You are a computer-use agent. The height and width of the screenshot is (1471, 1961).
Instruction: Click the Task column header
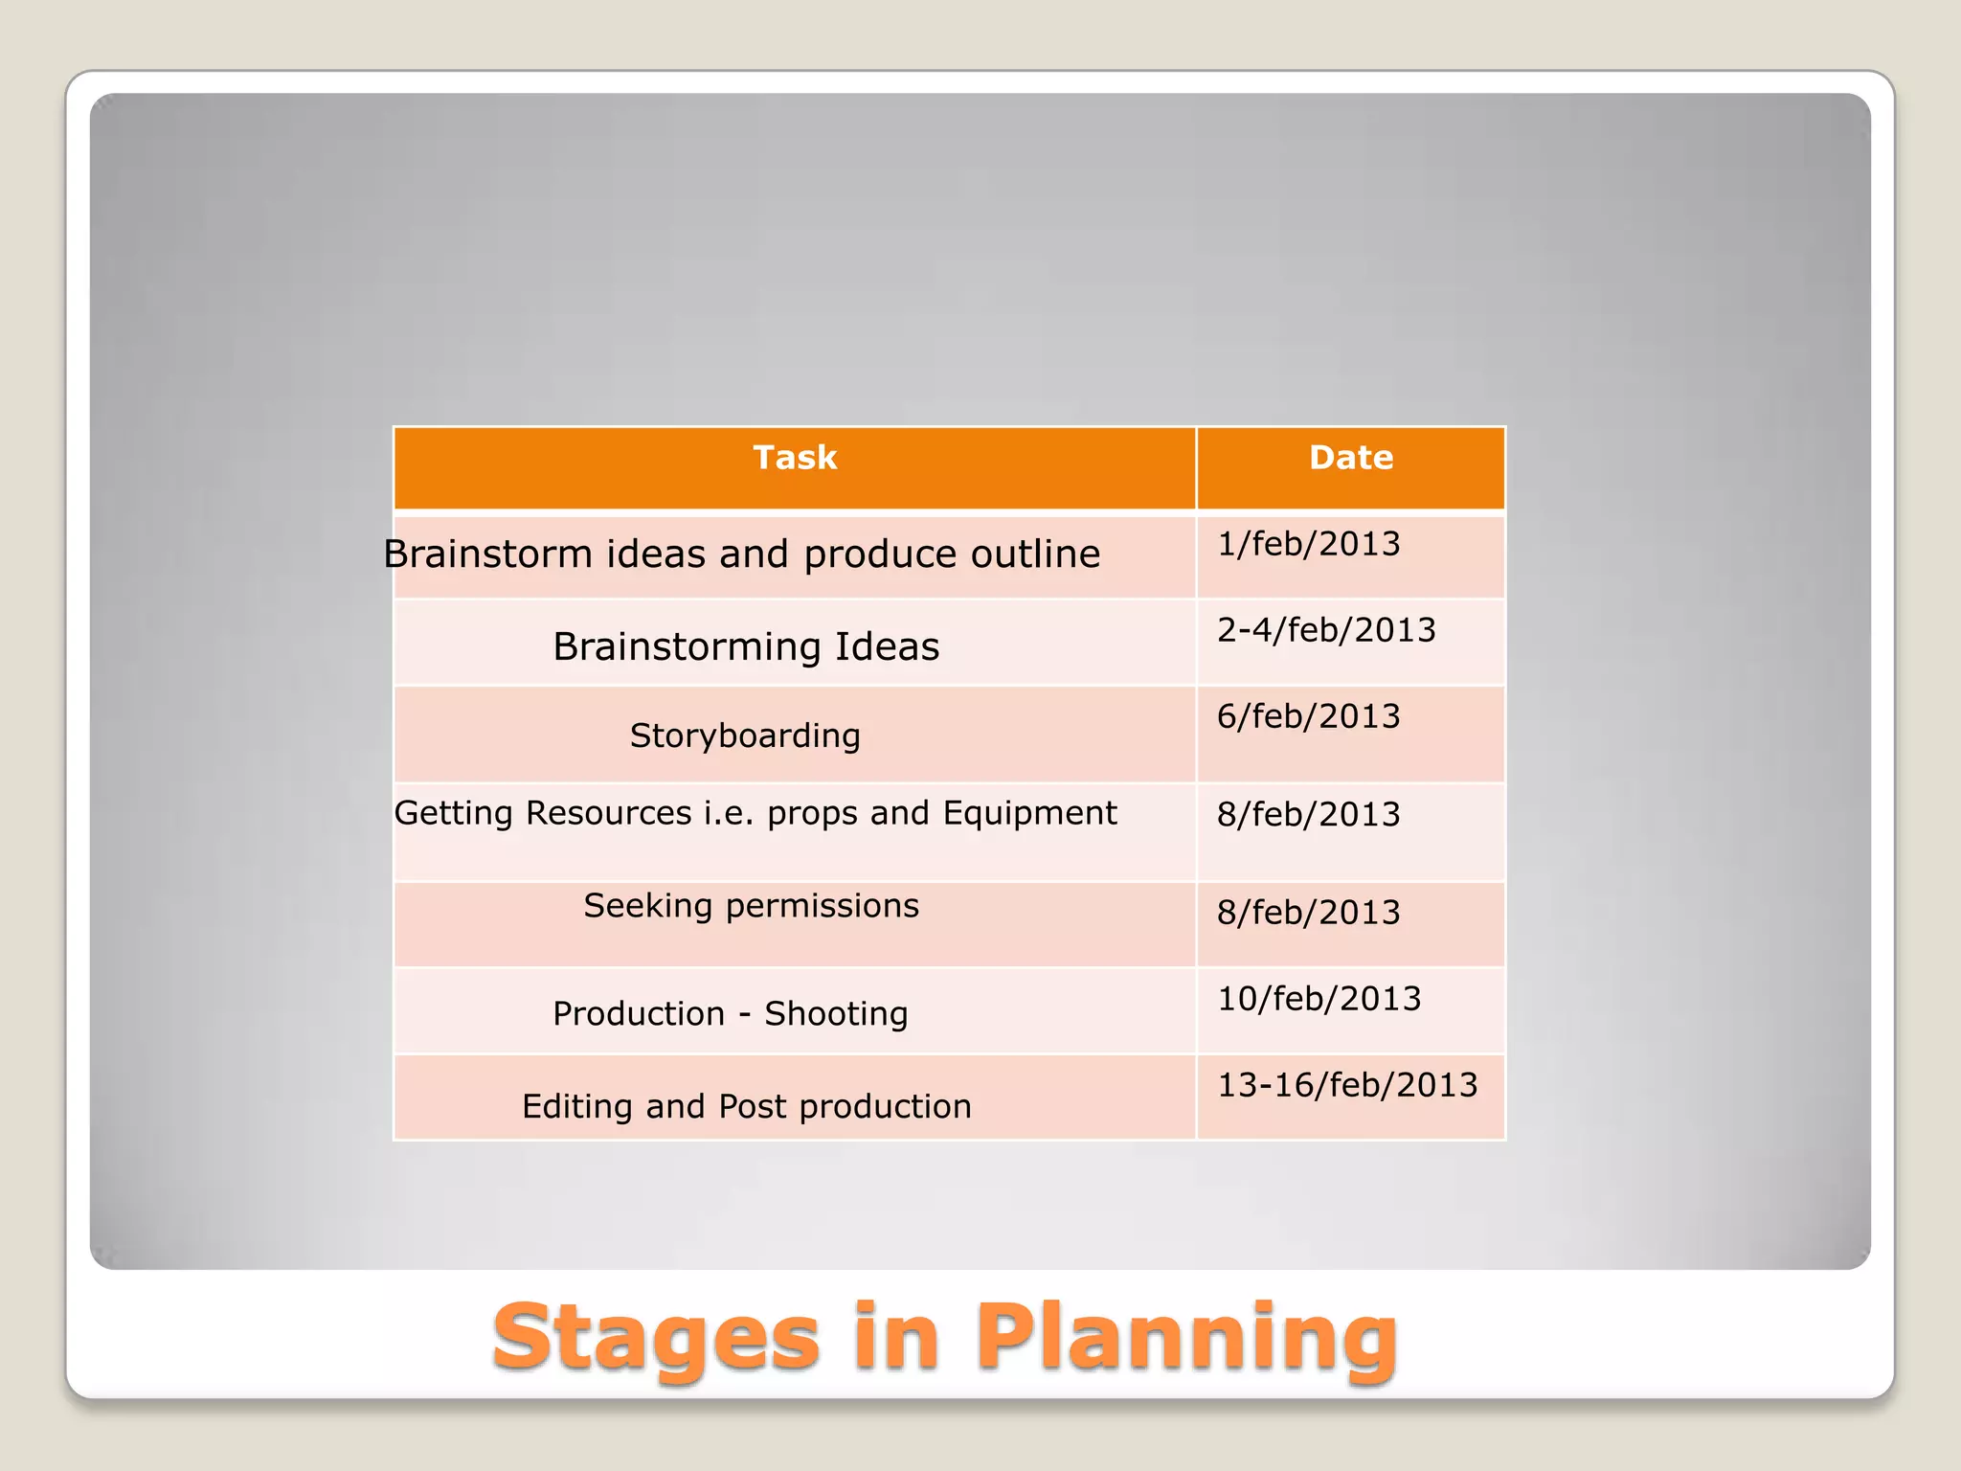coord(795,458)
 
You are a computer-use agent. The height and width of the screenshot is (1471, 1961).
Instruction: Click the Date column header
coord(1350,458)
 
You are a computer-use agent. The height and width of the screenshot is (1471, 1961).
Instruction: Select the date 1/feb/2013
coord(1308,544)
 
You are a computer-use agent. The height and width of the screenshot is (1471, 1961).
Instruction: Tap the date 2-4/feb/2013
coord(1326,630)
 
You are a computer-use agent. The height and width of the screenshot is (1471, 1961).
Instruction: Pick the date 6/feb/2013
coord(1308,716)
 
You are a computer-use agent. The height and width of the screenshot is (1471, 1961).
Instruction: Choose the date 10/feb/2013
coord(1319,999)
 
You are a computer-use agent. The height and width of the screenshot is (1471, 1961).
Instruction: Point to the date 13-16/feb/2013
coord(1347,1085)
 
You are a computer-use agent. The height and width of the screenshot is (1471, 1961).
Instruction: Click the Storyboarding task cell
coord(745,735)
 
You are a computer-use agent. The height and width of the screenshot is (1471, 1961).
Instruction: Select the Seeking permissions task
coord(751,906)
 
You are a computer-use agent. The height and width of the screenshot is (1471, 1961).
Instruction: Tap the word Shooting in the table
coord(835,1013)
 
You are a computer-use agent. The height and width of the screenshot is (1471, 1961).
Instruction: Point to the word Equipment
coord(1029,813)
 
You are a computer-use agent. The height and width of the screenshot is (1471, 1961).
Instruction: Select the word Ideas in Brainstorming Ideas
coord(887,646)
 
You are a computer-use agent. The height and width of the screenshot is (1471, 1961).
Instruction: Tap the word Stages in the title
coord(656,1337)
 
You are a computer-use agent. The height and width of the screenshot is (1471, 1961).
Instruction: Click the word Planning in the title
coord(1185,1337)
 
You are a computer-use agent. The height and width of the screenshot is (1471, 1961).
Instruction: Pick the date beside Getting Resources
coord(1308,814)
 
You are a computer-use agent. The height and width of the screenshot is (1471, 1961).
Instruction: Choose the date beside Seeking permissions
coord(1308,913)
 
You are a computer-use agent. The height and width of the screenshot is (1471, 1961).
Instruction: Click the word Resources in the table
coord(609,813)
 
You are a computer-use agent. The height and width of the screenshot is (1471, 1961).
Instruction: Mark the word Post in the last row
coord(753,1106)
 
